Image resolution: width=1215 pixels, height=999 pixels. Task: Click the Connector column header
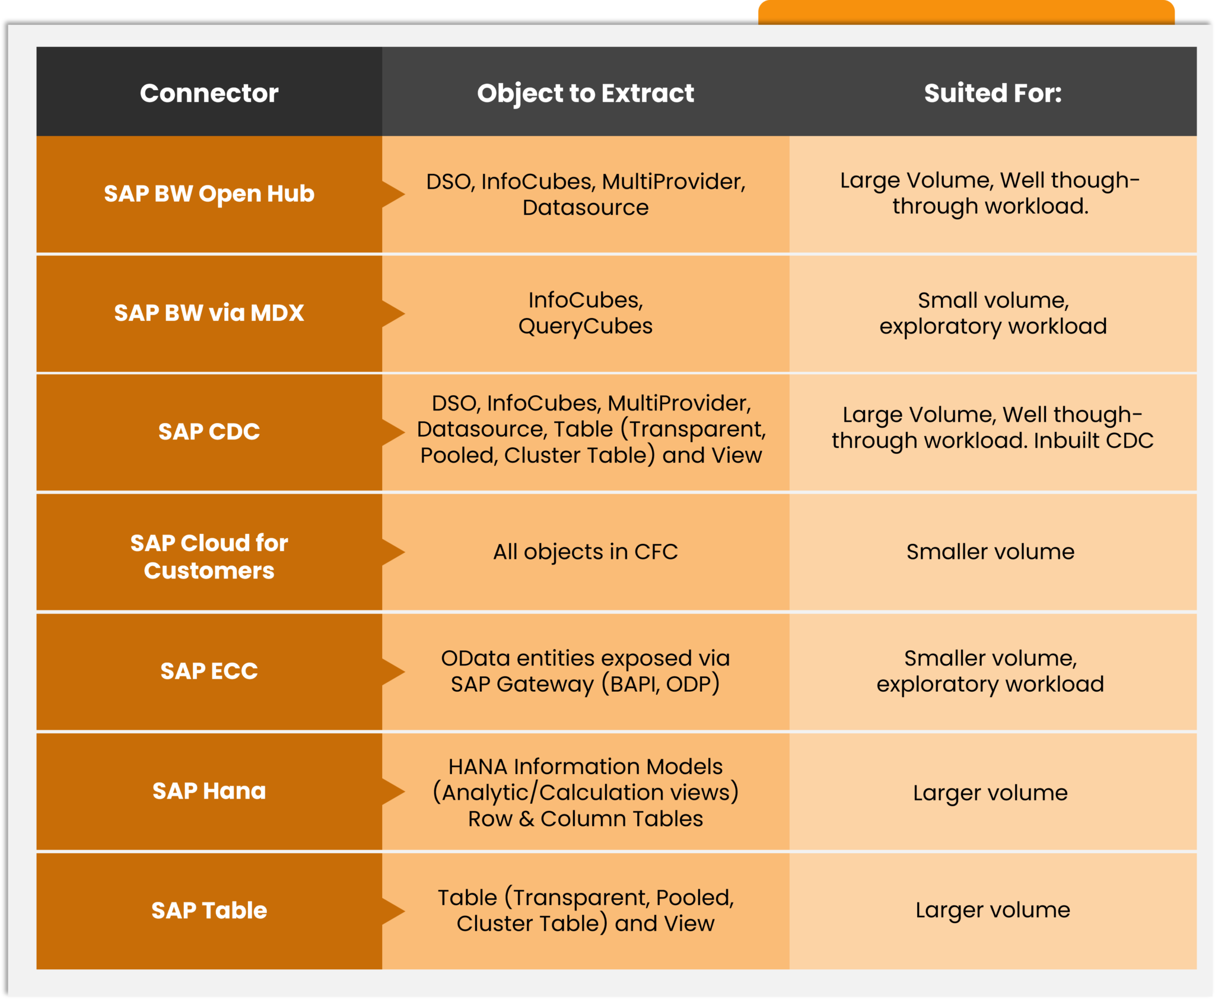[209, 93]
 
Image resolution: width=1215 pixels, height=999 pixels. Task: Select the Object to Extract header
[586, 93]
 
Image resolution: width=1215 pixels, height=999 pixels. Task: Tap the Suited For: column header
[993, 93]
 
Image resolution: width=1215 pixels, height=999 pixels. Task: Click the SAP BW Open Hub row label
[209, 194]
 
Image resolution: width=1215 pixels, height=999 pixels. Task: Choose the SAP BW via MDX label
[209, 313]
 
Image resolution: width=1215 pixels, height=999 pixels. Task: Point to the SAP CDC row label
[209, 431]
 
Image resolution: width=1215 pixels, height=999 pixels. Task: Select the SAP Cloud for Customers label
[209, 556]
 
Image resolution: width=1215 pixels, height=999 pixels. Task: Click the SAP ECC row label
[209, 671]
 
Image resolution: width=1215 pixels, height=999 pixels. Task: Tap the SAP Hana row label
[209, 791]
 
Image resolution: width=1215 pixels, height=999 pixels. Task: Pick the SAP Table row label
[209, 910]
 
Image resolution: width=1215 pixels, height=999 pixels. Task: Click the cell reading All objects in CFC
[586, 552]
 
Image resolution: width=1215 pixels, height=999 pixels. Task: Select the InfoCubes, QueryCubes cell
[586, 313]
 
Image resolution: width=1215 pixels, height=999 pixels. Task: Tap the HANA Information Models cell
[586, 792]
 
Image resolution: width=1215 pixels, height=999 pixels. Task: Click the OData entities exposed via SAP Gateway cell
[586, 671]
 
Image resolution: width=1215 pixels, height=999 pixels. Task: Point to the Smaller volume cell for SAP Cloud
[990, 552]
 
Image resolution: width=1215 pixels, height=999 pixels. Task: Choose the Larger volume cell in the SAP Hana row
[990, 793]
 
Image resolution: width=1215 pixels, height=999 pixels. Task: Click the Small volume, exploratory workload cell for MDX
[993, 313]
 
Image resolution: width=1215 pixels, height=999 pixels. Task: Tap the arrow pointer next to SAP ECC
[393, 672]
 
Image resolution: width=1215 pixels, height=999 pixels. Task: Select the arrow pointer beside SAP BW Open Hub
[393, 194]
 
